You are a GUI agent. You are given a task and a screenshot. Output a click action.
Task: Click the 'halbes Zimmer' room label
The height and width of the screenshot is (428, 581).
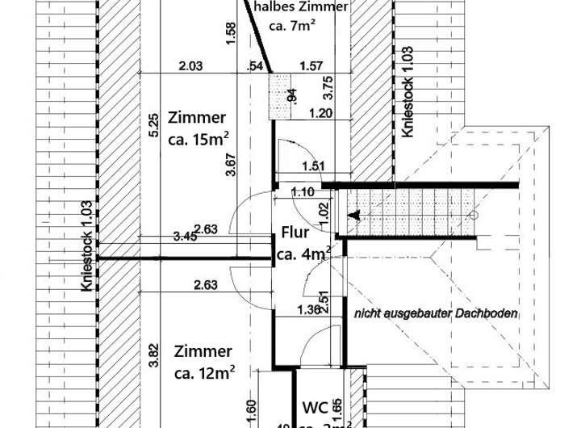click(x=300, y=7)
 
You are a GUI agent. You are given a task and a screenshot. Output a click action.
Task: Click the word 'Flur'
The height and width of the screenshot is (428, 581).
click(x=295, y=234)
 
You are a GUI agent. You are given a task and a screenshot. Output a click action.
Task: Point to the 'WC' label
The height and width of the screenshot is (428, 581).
click(x=314, y=406)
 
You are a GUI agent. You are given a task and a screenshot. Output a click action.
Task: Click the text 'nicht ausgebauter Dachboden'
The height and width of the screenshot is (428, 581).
click(x=435, y=313)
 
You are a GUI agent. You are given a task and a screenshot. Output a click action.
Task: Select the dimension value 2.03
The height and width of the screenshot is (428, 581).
click(x=190, y=66)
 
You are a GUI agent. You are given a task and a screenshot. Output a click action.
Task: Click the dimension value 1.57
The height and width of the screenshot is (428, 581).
click(x=311, y=66)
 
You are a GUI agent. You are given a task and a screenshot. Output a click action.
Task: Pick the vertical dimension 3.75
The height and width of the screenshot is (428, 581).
click(x=327, y=86)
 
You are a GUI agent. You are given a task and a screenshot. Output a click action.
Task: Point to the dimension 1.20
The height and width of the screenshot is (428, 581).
click(x=321, y=114)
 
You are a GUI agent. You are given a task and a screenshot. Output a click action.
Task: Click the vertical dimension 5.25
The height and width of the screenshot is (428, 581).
click(x=153, y=127)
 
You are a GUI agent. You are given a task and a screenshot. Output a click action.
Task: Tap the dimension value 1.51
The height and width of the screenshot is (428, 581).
click(x=312, y=167)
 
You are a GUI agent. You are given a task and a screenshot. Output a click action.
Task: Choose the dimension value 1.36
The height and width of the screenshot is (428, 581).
click(x=309, y=309)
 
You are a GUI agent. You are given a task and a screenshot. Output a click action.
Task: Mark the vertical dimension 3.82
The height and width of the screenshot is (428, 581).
click(x=153, y=355)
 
